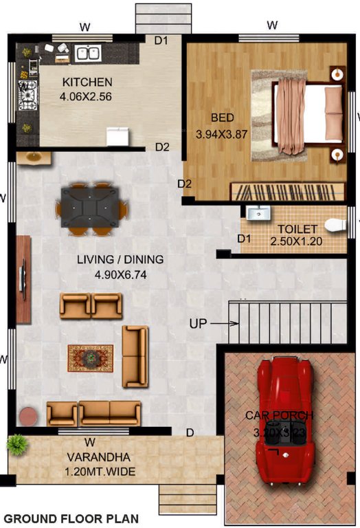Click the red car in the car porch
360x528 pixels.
tap(285, 419)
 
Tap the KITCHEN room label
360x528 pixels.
tap(87, 82)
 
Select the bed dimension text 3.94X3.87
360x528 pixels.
tap(221, 133)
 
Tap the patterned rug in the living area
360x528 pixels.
tap(90, 357)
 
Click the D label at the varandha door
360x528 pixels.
tap(190, 432)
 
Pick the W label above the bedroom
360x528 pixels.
tap(272, 26)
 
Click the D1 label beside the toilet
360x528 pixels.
tap(244, 239)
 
